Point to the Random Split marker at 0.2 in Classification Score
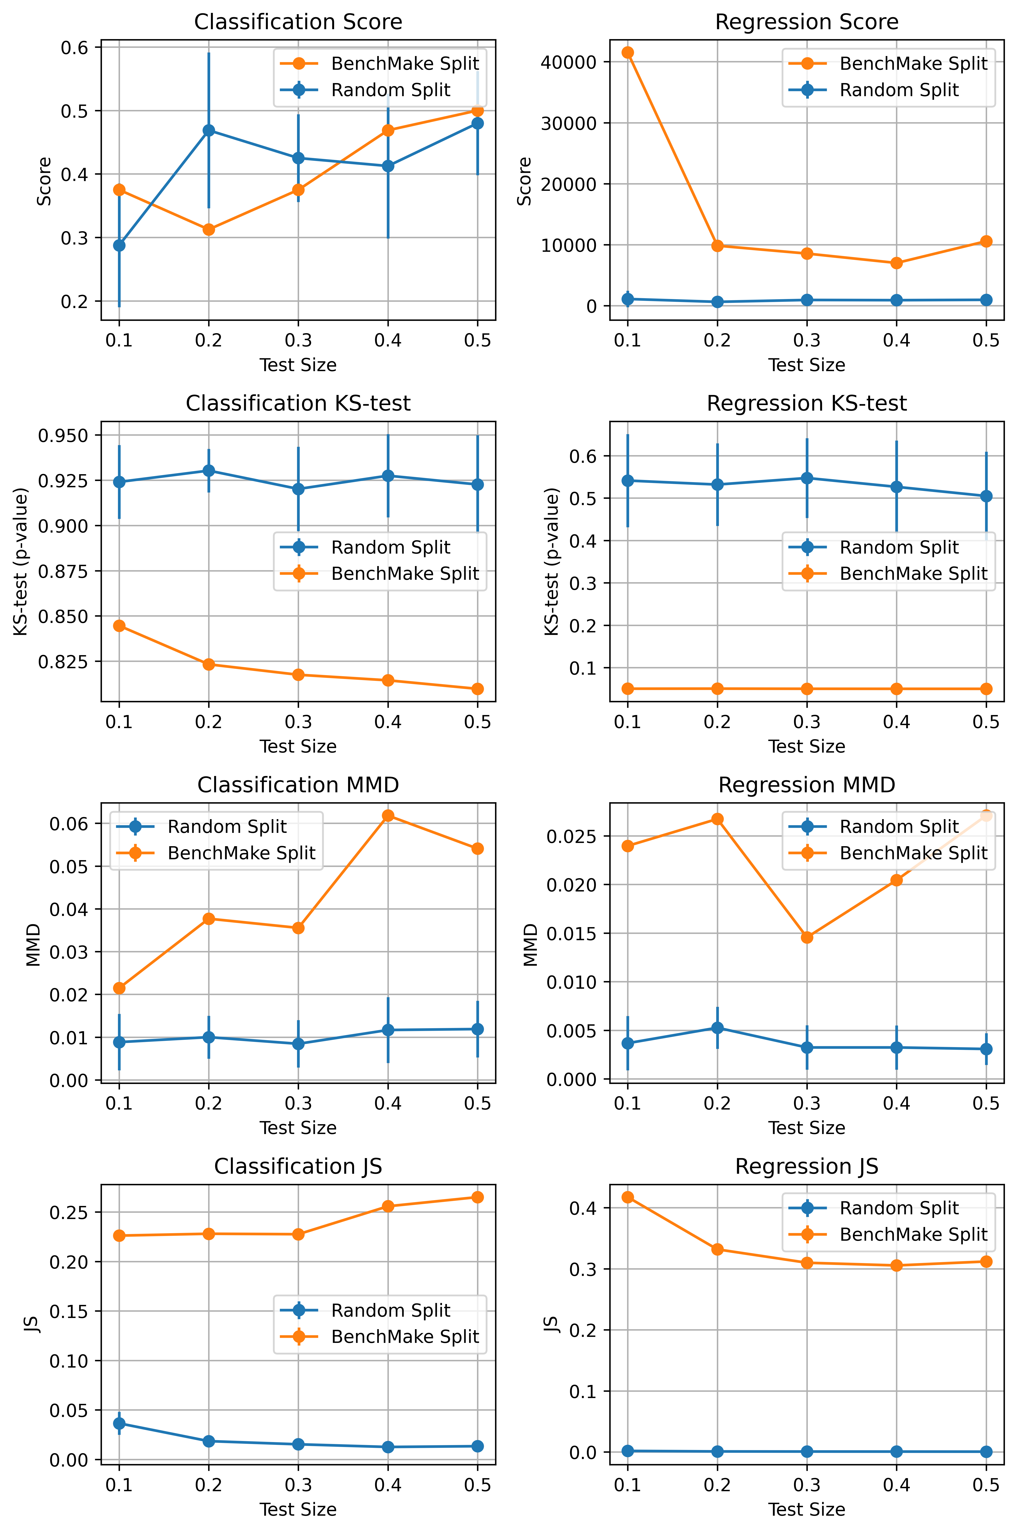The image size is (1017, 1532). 209,130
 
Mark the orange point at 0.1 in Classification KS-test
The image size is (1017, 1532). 119,626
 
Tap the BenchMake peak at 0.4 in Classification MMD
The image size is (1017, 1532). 388,816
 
